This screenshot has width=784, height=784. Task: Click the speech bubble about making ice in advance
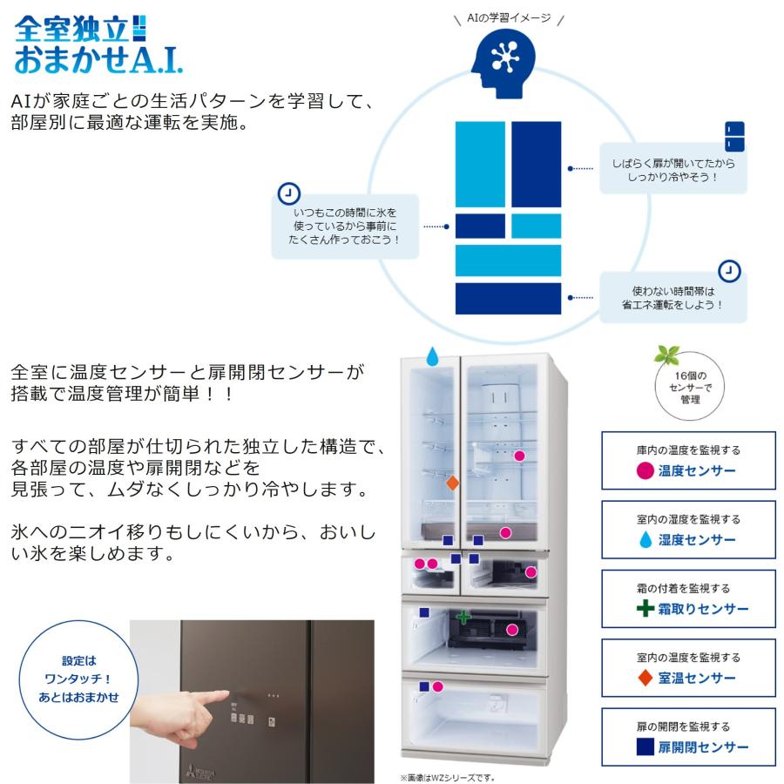[344, 226]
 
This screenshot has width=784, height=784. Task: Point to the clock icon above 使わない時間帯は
[730, 271]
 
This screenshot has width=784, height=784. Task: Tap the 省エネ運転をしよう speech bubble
[672, 299]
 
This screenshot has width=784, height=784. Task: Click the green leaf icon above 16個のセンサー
[667, 355]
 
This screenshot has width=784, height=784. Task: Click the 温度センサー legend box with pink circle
[688, 461]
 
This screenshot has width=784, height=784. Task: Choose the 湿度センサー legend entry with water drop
[688, 530]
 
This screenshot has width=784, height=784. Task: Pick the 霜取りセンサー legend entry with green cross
[688, 598]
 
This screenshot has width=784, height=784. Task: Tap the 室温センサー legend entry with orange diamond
[688, 668]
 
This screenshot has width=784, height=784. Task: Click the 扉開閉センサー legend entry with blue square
[688, 737]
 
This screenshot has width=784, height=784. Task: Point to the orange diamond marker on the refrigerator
[451, 482]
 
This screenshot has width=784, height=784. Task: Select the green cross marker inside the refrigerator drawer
[463, 617]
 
